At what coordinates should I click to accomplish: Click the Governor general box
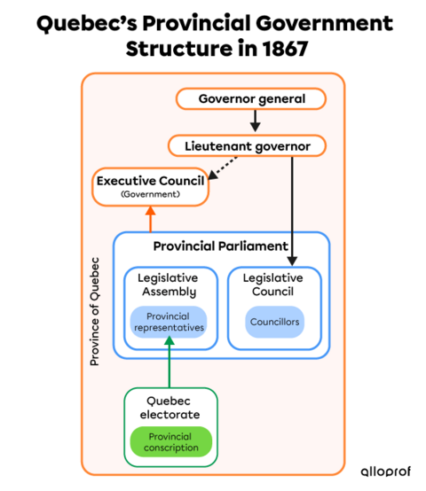coord(251,98)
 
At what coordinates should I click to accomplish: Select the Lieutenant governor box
coord(247,145)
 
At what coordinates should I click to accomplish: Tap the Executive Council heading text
coord(150,181)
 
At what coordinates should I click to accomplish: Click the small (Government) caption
coord(150,194)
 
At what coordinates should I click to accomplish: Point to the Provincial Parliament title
coord(220,245)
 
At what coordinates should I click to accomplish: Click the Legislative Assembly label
coord(167,284)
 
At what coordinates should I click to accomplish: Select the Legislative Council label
coord(272,284)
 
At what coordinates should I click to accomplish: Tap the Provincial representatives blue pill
coord(169,322)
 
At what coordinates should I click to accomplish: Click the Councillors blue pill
coord(274,322)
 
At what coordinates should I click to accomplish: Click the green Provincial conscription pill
coord(171,441)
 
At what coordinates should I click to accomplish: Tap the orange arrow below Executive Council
coord(150,219)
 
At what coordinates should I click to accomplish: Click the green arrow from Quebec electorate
coord(169,362)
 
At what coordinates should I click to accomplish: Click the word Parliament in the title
coord(253,245)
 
